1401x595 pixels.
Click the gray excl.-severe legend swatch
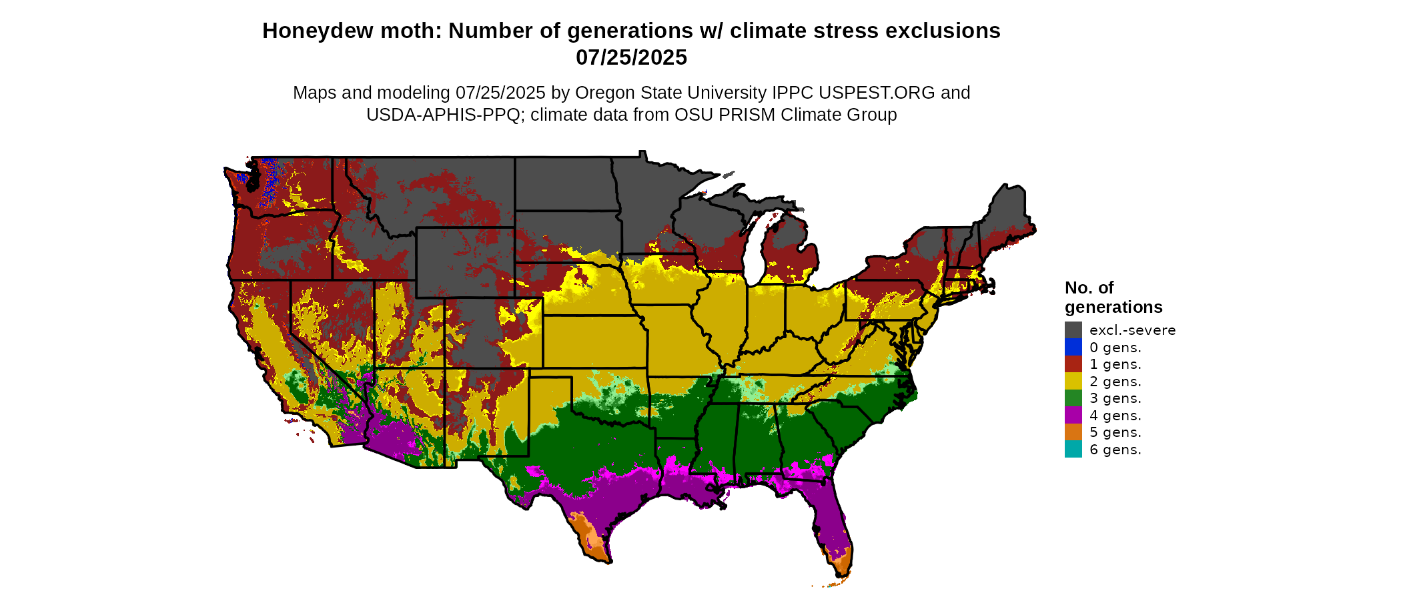pyautogui.click(x=1073, y=330)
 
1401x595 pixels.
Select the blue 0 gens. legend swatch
pyautogui.click(x=1073, y=347)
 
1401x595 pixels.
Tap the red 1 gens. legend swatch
pyautogui.click(x=1073, y=364)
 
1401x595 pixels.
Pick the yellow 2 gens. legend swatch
pyautogui.click(x=1073, y=381)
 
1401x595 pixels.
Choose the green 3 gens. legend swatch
pyautogui.click(x=1073, y=398)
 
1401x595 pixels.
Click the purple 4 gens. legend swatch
pyautogui.click(x=1073, y=415)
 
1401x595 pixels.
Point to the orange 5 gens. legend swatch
pyautogui.click(x=1073, y=432)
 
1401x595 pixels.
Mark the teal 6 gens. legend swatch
pyautogui.click(x=1073, y=449)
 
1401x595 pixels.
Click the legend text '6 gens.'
pyautogui.click(x=1115, y=450)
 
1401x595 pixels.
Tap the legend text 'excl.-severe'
pyautogui.click(x=1132, y=330)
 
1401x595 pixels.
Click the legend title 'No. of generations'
pyautogui.click(x=1113, y=297)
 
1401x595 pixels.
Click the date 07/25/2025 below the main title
pyautogui.click(x=631, y=57)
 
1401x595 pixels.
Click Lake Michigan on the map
pyautogui.click(x=755, y=253)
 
